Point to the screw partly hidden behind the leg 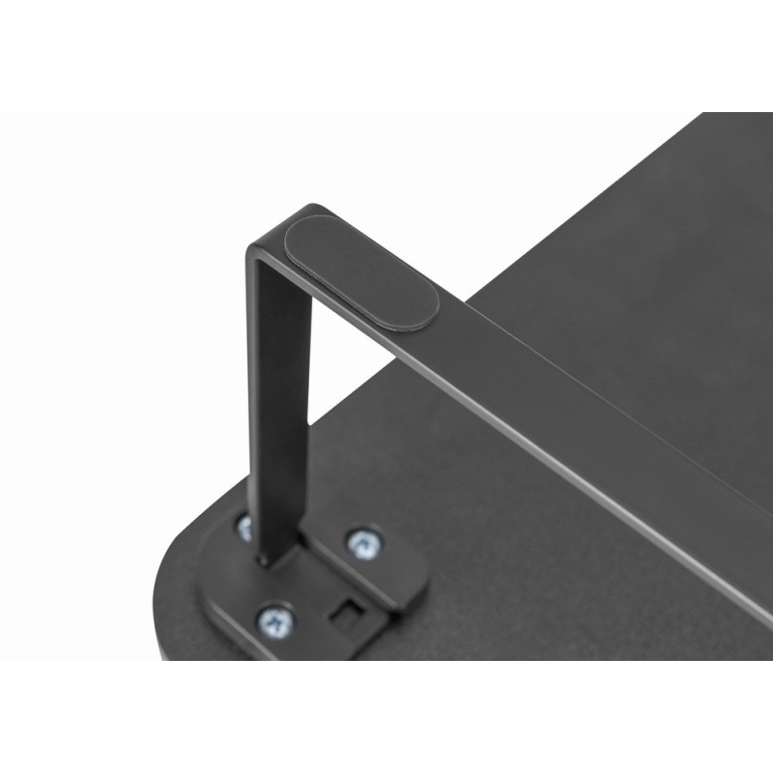244,528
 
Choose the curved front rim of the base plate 232,628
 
